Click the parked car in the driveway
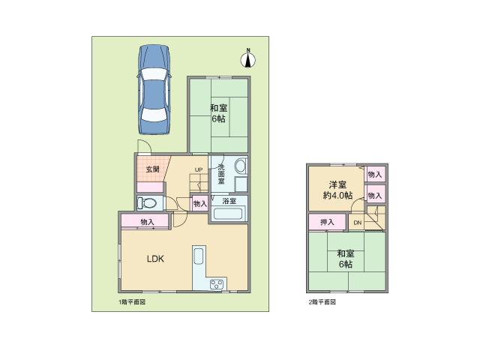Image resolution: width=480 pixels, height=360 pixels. click(x=154, y=89)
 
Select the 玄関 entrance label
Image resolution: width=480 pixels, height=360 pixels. click(x=151, y=169)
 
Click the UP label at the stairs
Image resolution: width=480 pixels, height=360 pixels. click(x=199, y=169)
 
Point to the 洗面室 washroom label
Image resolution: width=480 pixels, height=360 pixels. click(x=221, y=175)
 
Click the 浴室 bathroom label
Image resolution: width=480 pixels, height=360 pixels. click(x=229, y=201)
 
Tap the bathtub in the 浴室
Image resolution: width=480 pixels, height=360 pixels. click(x=229, y=214)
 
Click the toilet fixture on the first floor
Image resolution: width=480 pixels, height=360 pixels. click(x=148, y=202)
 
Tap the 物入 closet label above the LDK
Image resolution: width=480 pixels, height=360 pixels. click(x=147, y=222)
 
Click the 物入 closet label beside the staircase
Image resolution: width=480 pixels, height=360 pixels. click(x=199, y=203)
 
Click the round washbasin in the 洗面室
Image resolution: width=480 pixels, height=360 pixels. click(x=241, y=166)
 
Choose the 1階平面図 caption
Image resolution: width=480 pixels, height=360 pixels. click(x=131, y=302)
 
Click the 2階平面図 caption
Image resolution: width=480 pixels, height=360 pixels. click(x=322, y=302)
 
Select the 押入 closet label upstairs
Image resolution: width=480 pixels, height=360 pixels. click(x=327, y=222)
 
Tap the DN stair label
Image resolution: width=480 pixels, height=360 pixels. click(x=357, y=223)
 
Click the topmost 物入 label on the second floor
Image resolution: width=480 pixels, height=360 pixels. click(x=374, y=175)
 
